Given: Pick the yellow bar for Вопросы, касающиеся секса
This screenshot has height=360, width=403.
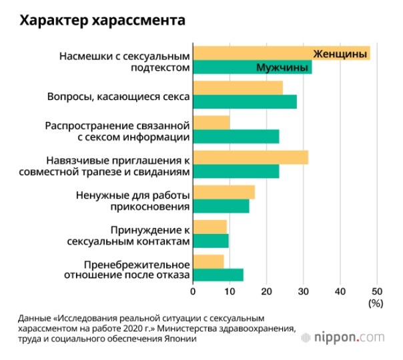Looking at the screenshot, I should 238,87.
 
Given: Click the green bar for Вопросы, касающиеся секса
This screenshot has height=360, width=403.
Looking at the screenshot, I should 244,101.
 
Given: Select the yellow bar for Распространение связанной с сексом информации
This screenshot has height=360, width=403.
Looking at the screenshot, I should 211,123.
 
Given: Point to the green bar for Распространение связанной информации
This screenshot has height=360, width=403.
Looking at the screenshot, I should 236,137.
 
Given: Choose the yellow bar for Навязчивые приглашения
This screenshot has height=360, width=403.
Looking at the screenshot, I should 250,157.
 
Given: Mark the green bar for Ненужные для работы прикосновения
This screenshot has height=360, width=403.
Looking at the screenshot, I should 221,207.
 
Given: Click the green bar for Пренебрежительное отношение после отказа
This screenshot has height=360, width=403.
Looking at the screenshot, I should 218,275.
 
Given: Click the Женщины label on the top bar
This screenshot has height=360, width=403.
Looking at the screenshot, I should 341,53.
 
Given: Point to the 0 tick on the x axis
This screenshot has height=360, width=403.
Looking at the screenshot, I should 193,291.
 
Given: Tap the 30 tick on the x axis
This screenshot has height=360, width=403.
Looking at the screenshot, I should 304,291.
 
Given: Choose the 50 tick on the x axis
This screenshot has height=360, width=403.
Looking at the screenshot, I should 377,291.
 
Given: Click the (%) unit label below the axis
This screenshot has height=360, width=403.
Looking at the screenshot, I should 376,303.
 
